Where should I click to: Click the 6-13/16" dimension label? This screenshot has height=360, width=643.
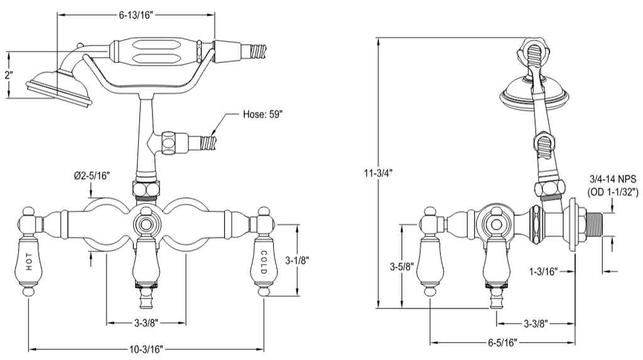pos(136,15)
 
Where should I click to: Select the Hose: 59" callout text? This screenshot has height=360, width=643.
pos(263,114)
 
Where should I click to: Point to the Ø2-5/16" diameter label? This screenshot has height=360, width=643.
pos(92,176)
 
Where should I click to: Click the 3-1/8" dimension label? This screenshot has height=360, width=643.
pos(297,260)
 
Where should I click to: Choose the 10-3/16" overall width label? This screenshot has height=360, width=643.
pos(146,349)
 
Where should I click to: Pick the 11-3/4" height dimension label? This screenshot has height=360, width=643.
pos(378,173)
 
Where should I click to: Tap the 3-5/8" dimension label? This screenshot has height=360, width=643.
pos(401,267)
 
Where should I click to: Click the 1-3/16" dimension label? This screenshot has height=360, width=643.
pos(543,271)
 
